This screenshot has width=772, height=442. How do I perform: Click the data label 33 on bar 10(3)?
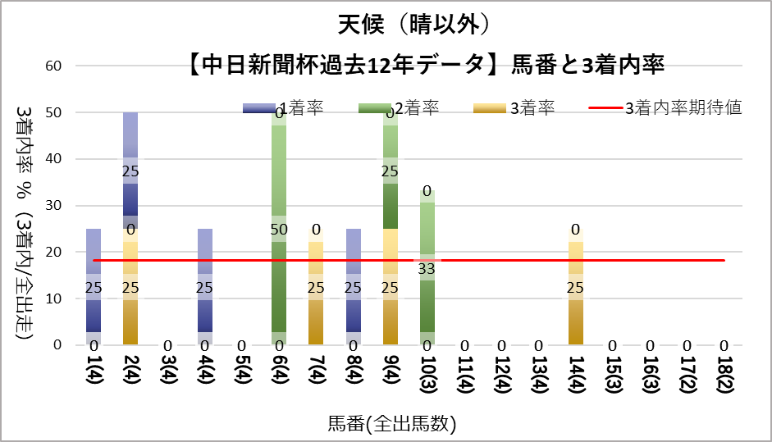click(427, 267)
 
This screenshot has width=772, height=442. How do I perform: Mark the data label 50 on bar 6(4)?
click(279, 229)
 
